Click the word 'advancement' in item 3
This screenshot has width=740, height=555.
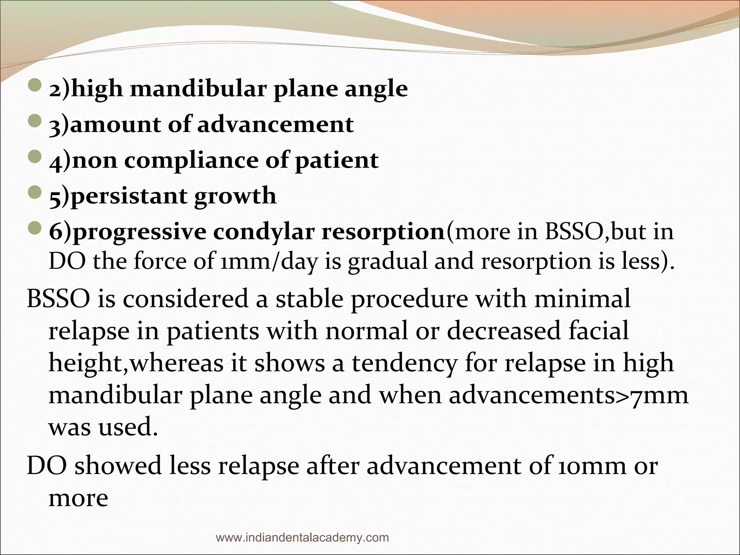(x=275, y=124)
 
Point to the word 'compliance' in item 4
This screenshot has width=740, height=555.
(x=192, y=160)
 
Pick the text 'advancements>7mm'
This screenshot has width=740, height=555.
(x=568, y=395)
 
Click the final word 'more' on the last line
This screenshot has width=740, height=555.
(x=78, y=498)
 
